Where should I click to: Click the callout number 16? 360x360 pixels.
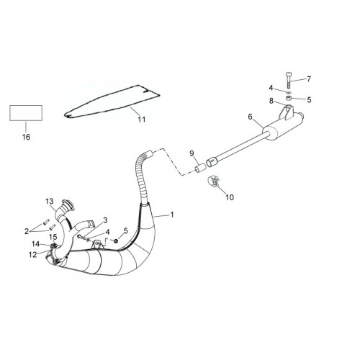pos(26,137)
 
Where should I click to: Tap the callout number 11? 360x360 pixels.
pos(142,120)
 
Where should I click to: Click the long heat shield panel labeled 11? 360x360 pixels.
pos(112,102)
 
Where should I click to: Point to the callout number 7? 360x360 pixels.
pos(309,79)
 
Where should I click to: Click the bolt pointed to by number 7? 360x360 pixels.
pos(289,80)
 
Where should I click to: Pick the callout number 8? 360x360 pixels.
pos(271,101)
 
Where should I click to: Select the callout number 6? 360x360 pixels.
pos(251,117)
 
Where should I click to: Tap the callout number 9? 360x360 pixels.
pos(192,153)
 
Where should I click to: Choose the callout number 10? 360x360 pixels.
pos(230,197)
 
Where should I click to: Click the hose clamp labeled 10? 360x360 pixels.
pos(214,181)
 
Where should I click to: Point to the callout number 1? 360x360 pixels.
pos(172,215)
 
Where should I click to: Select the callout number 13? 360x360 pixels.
pos(50,201)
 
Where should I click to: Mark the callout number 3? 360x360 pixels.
pos(105,220)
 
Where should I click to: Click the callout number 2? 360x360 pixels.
pos(27,231)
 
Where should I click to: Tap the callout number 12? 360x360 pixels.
pos(32,255)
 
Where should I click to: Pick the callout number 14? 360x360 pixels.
pos(35,244)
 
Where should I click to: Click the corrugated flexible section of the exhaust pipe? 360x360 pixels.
pos(142,178)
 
